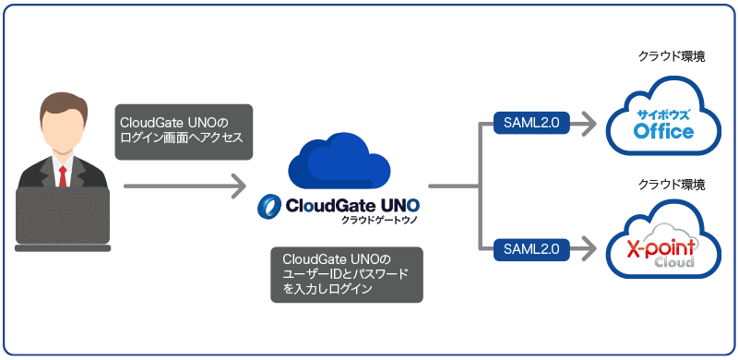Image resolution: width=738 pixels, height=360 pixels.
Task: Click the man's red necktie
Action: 63,174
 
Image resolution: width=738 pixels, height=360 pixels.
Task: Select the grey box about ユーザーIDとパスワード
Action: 346,274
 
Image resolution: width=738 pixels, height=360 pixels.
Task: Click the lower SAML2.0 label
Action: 531,247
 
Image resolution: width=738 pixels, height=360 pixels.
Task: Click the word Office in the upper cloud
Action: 663,133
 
